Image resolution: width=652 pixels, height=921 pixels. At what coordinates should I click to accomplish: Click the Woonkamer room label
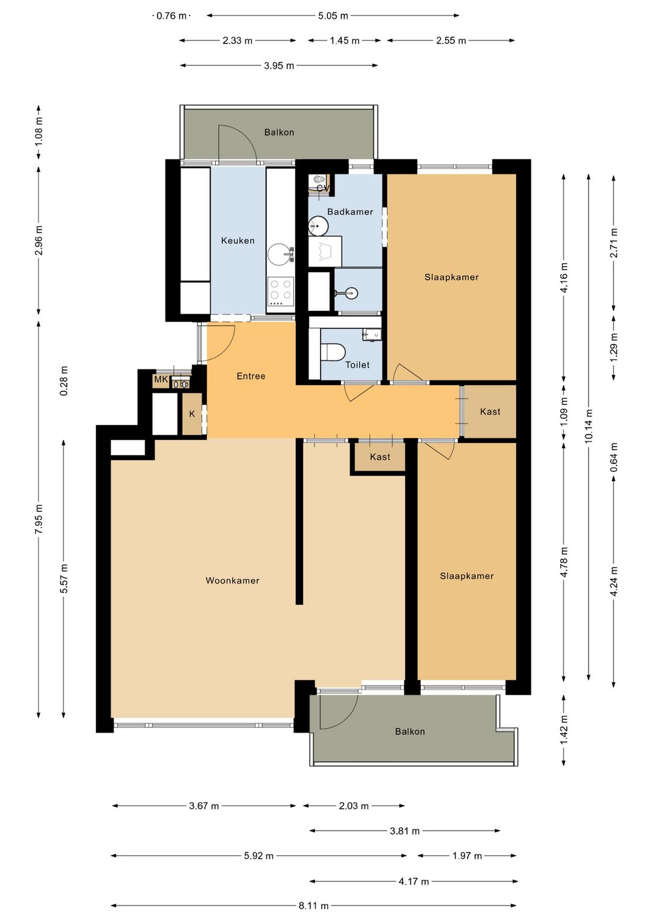pyautogui.click(x=232, y=581)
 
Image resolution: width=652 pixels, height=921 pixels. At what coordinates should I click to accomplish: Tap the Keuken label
pyautogui.click(x=238, y=241)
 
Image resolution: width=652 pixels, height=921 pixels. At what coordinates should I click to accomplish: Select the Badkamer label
pyautogui.click(x=350, y=212)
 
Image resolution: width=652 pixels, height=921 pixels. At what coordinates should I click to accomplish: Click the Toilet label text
pyautogui.click(x=357, y=365)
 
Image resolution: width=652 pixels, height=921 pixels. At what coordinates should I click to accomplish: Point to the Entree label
pyautogui.click(x=251, y=376)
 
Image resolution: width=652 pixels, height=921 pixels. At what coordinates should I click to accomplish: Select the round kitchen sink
pyautogui.click(x=278, y=253)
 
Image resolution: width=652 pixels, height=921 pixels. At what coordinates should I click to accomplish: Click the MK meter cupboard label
pyautogui.click(x=161, y=380)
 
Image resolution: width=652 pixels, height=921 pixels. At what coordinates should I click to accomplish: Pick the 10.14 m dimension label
pyautogui.click(x=589, y=426)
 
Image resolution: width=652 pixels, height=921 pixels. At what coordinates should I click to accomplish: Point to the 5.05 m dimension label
pyautogui.click(x=333, y=16)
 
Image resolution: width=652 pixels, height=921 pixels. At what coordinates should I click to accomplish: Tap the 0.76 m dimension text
pyautogui.click(x=172, y=16)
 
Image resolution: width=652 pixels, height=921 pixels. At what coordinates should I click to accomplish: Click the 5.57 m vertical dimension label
pyautogui.click(x=64, y=579)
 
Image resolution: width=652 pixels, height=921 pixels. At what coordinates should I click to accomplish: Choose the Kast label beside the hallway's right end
pyautogui.click(x=490, y=412)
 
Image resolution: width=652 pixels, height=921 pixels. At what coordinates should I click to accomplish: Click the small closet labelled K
pyautogui.click(x=192, y=414)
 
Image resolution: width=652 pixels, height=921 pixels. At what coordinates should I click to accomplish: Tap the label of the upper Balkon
pyautogui.click(x=280, y=132)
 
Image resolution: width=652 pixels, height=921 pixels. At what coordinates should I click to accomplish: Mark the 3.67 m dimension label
pyautogui.click(x=204, y=806)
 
